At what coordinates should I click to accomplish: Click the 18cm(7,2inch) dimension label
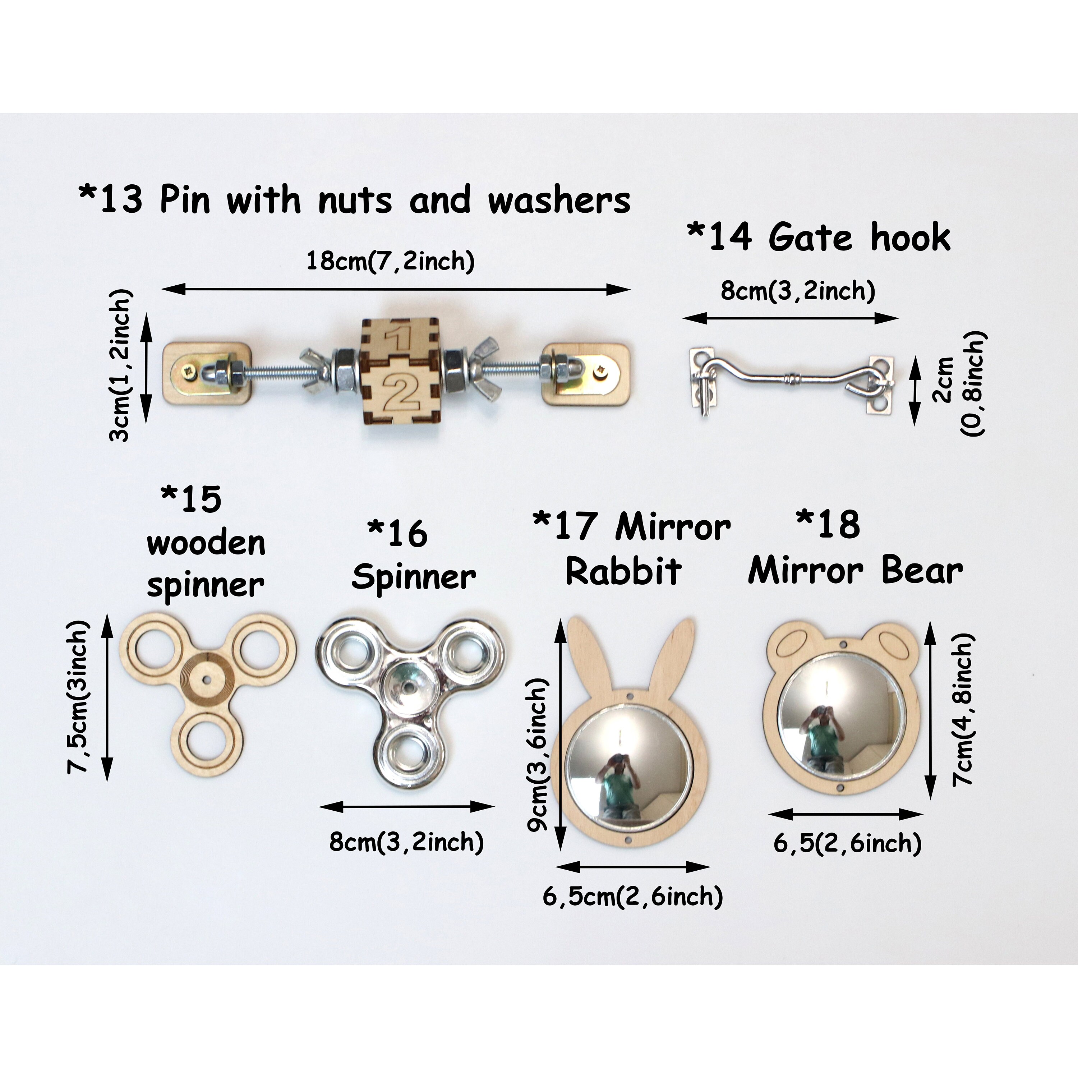point(391,261)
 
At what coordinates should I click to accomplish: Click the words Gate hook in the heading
point(859,238)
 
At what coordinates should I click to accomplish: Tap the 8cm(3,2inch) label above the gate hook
point(797,291)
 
